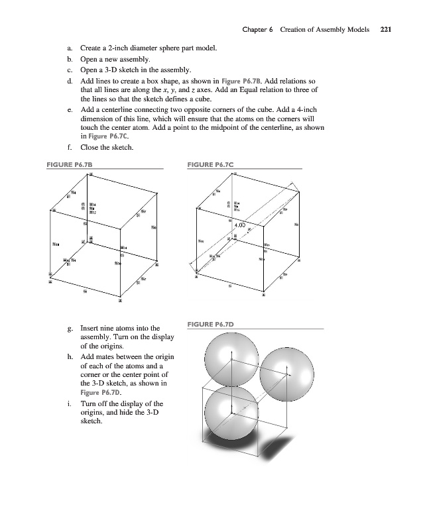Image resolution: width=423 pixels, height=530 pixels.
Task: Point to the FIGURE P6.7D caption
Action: click(x=211, y=324)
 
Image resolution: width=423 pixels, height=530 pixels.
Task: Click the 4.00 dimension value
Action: click(x=239, y=225)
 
